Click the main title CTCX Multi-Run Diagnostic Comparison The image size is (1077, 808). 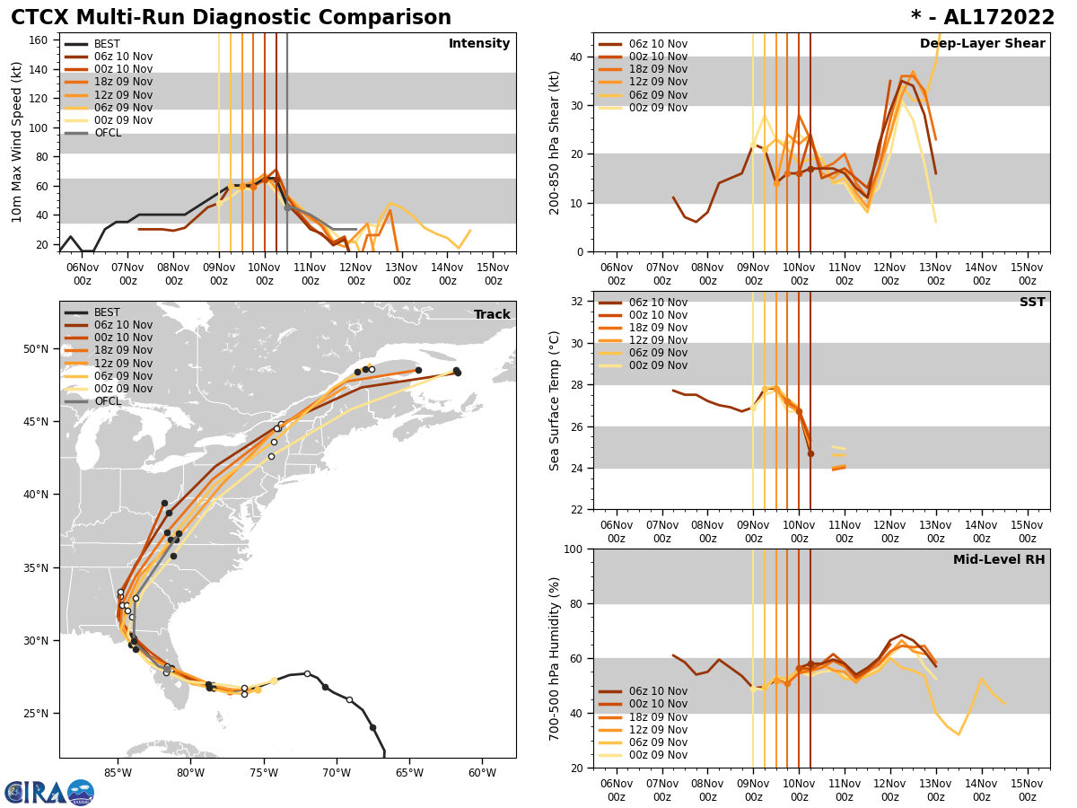coord(231,18)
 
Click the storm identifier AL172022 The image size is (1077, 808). coord(994,18)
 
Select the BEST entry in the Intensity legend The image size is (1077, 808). coord(107,44)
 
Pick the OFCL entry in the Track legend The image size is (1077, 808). coord(107,401)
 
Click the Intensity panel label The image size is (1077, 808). coord(479,44)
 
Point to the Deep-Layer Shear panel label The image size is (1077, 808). coord(982,44)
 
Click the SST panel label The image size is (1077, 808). coord(1032,303)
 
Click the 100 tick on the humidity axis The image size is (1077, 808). coord(572,549)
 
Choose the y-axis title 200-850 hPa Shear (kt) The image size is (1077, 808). coord(555,142)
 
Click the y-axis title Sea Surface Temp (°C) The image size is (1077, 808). coord(555,400)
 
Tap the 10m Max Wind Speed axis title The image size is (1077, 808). coord(17,142)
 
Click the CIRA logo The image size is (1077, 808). coord(49,792)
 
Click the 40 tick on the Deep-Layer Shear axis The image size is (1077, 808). coord(576,57)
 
